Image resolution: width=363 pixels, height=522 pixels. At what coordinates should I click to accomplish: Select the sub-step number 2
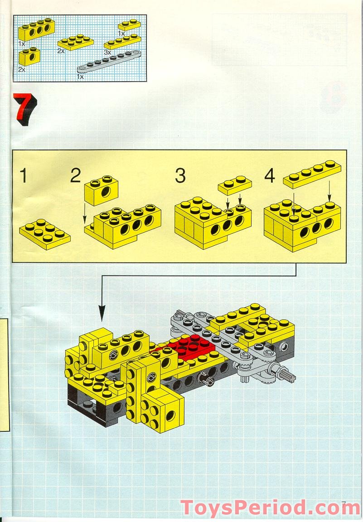point(76,175)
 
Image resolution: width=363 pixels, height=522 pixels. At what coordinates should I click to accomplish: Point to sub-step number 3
point(180,176)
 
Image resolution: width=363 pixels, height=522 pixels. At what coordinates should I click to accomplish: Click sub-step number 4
point(270,176)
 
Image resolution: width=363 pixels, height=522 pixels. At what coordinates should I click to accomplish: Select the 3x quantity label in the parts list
point(107,53)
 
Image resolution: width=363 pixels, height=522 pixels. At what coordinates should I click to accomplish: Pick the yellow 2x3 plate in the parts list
point(76,42)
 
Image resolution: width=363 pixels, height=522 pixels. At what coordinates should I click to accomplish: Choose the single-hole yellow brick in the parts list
point(29,56)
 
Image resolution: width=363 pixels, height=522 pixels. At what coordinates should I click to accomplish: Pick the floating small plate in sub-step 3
point(235,184)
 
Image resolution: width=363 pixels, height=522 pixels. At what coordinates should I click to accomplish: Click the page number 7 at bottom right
point(344,503)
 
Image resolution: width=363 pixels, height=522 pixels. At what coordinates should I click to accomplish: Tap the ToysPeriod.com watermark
point(270,508)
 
